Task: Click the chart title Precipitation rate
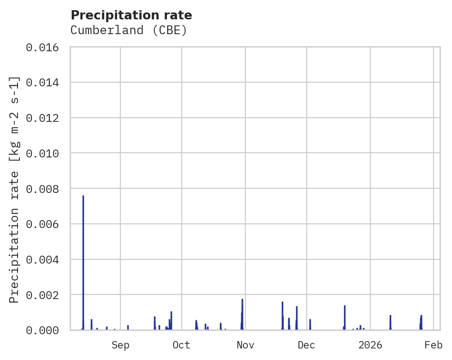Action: pos(131,15)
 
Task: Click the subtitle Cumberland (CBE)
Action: pos(129,30)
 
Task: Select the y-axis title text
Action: pos(14,190)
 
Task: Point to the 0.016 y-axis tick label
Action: pos(45,47)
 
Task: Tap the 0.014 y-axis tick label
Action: pos(45,83)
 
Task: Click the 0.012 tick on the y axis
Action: pos(45,118)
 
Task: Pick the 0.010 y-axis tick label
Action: pos(45,153)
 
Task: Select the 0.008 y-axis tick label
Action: pos(45,189)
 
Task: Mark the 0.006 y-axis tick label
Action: pos(45,224)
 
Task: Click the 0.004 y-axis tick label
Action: pos(45,259)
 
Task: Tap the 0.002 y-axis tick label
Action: pos(45,295)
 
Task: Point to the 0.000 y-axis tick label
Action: pos(45,330)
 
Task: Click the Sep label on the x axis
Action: pos(120,345)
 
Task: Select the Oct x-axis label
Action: pos(182,345)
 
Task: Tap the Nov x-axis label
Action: pos(245,345)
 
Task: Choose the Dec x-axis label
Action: pos(307,345)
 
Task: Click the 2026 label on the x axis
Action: pos(370,345)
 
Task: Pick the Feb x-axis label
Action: pos(434,345)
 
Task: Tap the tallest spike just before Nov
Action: pos(242,300)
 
